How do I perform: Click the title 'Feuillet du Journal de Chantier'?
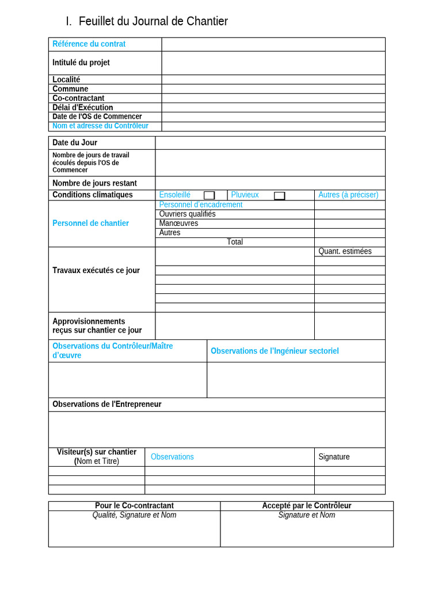click(153, 21)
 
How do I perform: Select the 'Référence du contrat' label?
click(89, 44)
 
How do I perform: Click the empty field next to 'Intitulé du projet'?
click(273, 63)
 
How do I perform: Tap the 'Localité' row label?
click(66, 80)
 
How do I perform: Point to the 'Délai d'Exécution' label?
click(82, 108)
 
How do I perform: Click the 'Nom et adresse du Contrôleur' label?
click(100, 126)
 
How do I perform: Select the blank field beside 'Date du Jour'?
click(269, 143)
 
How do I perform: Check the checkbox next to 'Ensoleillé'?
click(209, 195)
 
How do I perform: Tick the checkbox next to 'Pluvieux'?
click(279, 195)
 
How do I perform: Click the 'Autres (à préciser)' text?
click(348, 195)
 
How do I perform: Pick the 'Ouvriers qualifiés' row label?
click(187, 214)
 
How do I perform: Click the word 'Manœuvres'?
click(178, 224)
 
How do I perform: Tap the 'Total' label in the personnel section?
click(235, 242)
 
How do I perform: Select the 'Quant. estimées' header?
click(345, 251)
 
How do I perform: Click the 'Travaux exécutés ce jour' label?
click(96, 271)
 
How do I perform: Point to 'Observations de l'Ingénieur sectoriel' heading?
click(275, 351)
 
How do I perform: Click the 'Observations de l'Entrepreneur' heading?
click(106, 404)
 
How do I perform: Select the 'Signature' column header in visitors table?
click(334, 457)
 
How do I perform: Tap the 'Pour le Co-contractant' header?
click(134, 506)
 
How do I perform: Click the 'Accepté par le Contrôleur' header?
click(307, 506)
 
